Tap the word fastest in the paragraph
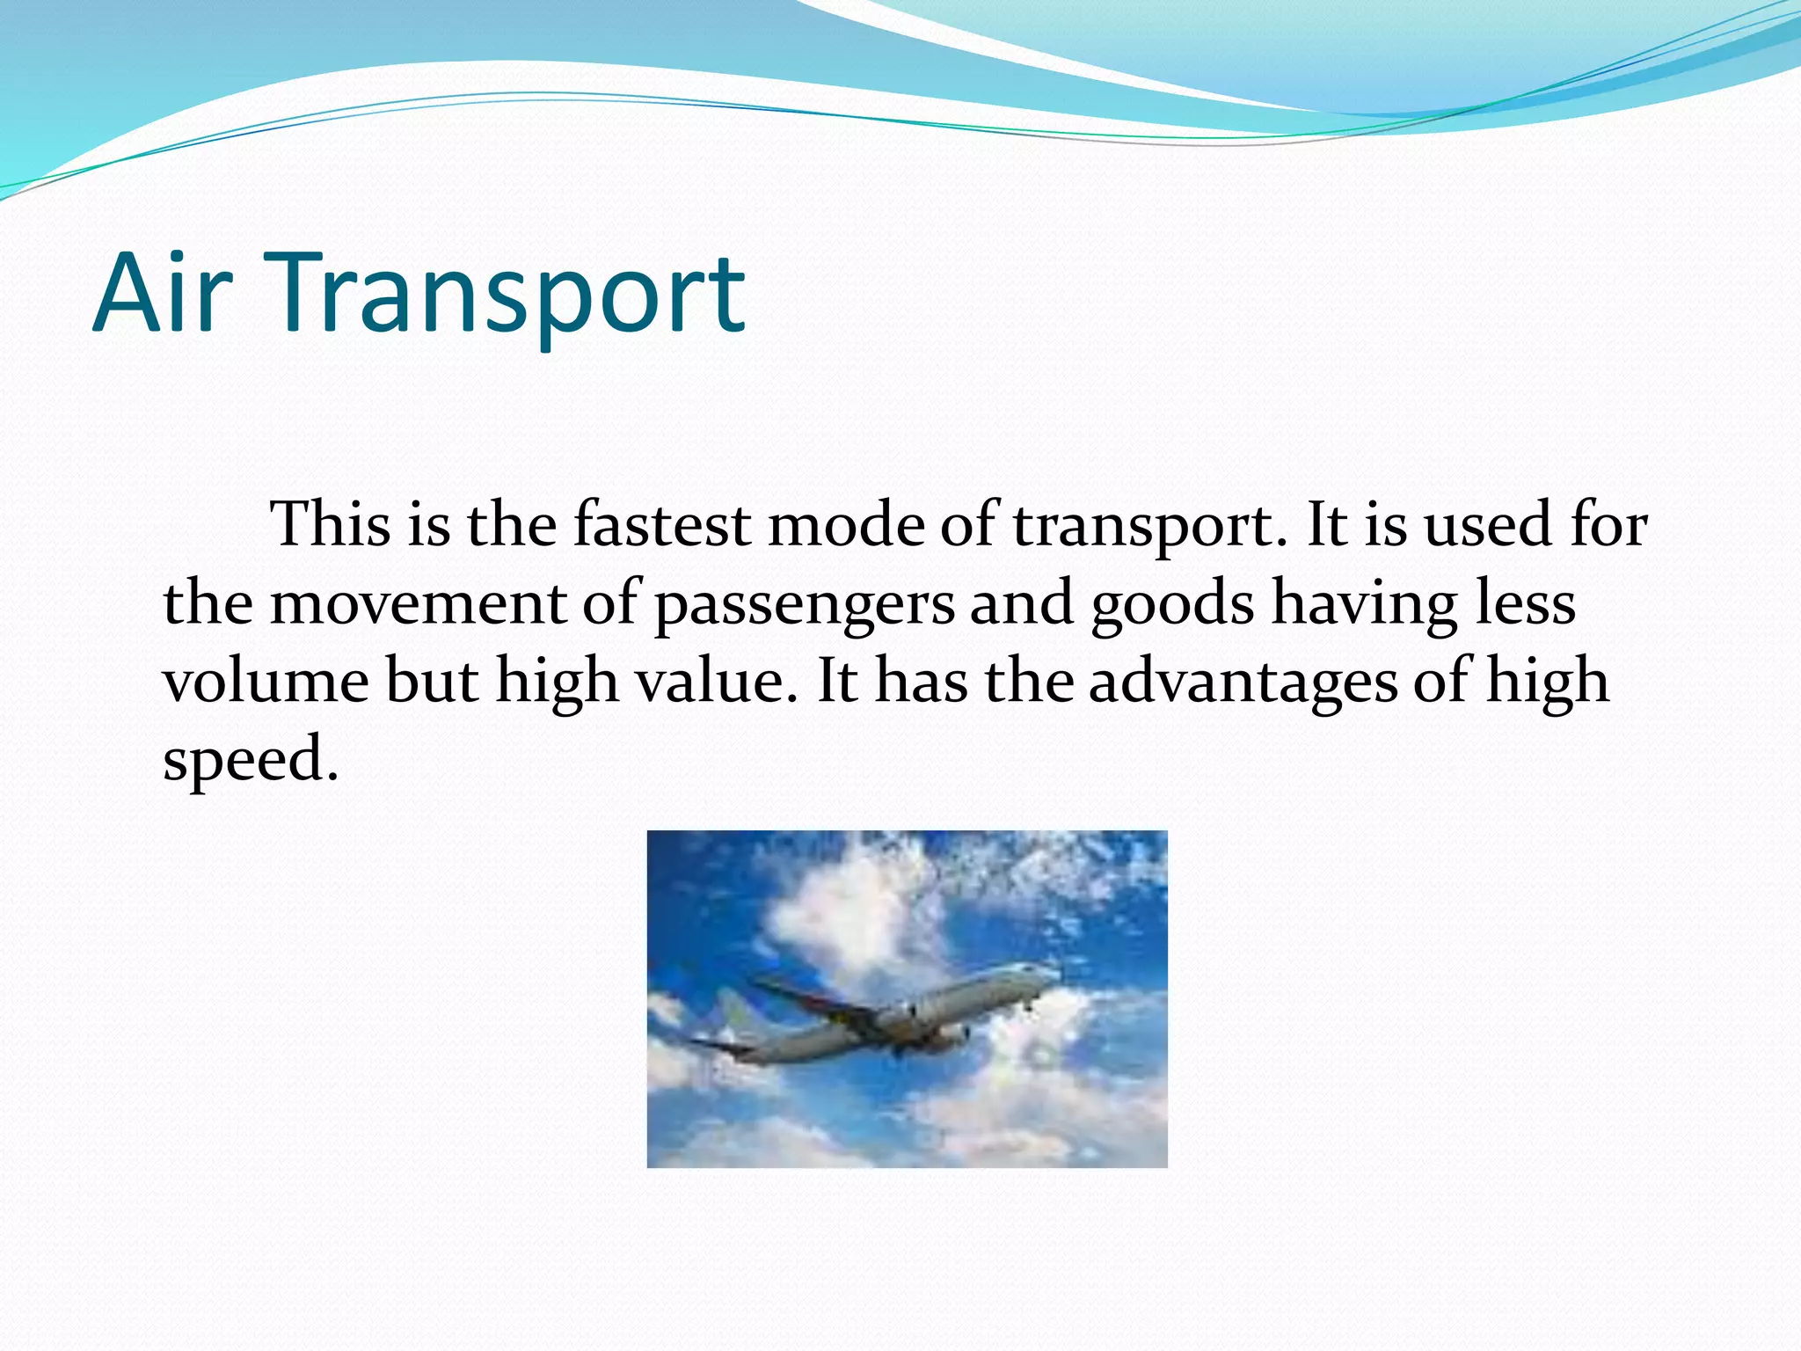[661, 525]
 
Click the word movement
[417, 604]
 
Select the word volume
[266, 682]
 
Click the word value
[710, 682]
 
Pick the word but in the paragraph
[431, 682]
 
